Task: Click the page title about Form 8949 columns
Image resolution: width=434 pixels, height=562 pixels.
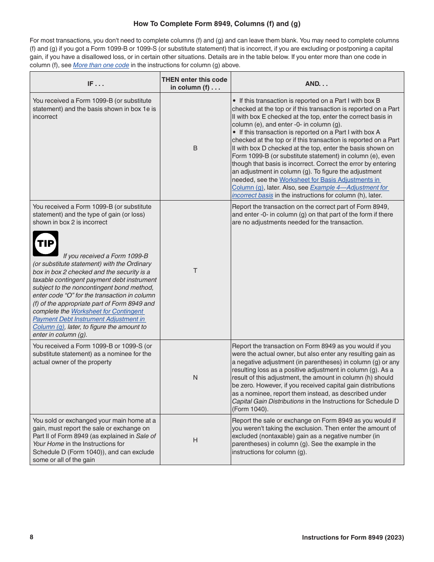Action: tap(217, 24)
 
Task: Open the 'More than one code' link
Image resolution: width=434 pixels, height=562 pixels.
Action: tap(101, 65)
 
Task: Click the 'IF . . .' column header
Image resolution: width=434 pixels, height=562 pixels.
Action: tap(95, 84)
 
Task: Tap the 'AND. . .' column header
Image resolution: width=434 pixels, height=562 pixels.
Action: tap(317, 84)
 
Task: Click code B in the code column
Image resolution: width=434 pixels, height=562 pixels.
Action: tap(195, 148)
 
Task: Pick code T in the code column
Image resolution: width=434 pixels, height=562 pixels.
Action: tap(195, 270)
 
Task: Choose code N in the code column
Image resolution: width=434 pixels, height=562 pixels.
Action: tap(195, 377)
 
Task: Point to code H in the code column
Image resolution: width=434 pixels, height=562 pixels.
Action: tap(195, 440)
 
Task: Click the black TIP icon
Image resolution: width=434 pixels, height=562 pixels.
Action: tap(46, 244)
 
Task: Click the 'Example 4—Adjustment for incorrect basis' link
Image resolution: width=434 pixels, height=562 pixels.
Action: tap(349, 188)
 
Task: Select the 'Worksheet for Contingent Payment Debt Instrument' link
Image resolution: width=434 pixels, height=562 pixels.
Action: tap(107, 312)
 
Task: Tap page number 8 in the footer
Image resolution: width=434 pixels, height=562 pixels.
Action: tap(32, 537)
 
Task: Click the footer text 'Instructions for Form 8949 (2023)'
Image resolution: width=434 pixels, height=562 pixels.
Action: tap(353, 538)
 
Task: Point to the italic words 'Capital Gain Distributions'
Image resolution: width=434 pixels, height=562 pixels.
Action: tap(268, 402)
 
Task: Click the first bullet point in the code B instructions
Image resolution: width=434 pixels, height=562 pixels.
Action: tap(234, 101)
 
